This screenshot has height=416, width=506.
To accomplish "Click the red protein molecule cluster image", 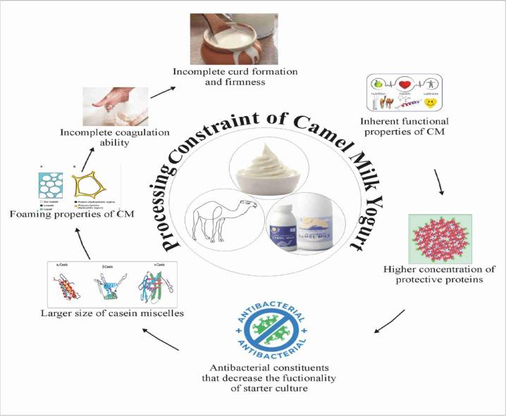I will point(440,238).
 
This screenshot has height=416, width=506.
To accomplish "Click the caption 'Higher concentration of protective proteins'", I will point(440,275).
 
